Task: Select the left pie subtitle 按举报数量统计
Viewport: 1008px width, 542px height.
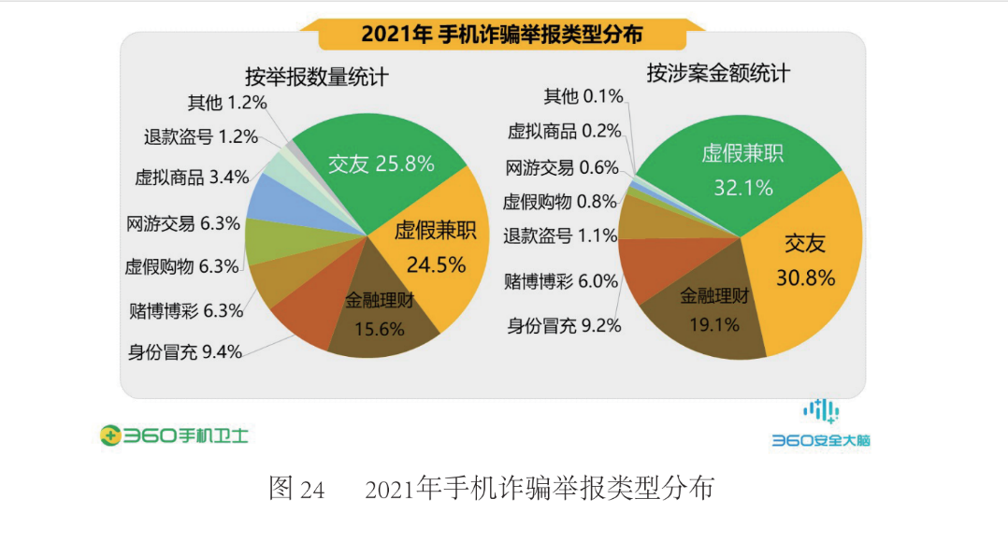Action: (316, 77)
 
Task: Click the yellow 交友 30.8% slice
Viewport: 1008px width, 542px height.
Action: (804, 262)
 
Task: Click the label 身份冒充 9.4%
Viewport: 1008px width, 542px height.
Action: (185, 352)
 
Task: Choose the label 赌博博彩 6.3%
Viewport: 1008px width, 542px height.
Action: (185, 309)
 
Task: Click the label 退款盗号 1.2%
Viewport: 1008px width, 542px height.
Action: (201, 136)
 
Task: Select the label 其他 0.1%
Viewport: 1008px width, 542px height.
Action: (583, 96)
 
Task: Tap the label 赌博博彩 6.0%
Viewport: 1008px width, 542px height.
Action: (561, 281)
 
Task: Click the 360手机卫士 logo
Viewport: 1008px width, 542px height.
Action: (174, 435)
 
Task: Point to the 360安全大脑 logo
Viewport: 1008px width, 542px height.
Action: (820, 426)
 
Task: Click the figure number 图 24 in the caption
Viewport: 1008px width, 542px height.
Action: (296, 488)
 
